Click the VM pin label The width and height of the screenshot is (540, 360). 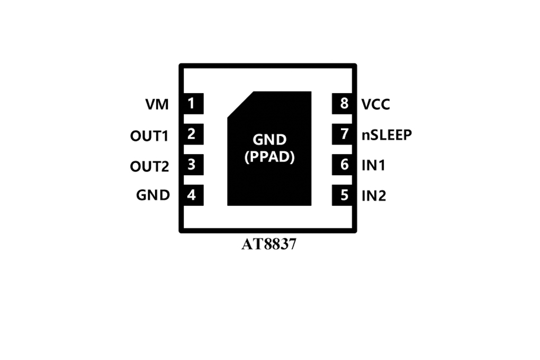[x=157, y=104]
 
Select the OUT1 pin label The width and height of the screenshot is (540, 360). [x=149, y=136]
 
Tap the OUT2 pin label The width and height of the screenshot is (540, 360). [x=149, y=166]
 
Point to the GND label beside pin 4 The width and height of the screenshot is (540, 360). [x=153, y=195]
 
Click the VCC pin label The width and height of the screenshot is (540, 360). [x=376, y=104]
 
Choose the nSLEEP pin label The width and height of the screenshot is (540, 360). [x=387, y=134]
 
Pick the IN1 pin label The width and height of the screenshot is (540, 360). [x=373, y=165]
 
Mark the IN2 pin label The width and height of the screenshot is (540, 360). [x=374, y=196]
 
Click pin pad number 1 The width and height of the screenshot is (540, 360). [x=193, y=103]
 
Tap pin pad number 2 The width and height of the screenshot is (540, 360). [x=193, y=134]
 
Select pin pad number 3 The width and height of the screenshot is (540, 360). [x=193, y=165]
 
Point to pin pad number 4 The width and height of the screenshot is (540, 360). [x=193, y=195]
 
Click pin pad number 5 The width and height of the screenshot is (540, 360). [x=342, y=195]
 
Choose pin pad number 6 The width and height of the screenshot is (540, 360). [x=342, y=165]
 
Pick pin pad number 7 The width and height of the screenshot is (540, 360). [x=342, y=134]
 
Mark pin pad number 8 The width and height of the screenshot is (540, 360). [x=342, y=103]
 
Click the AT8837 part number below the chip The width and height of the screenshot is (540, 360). [x=269, y=244]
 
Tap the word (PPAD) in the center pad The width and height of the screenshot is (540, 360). [x=269, y=157]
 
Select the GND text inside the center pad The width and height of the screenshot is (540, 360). [x=269, y=140]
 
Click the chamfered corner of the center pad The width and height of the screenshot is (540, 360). [x=240, y=104]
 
